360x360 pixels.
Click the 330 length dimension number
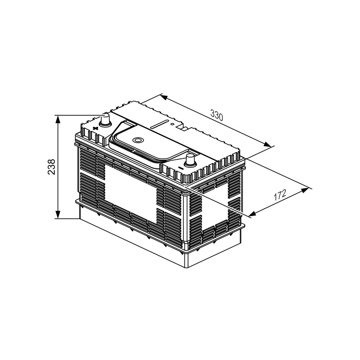[216, 115]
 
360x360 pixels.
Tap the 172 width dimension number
[280, 195]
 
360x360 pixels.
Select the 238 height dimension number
[51, 167]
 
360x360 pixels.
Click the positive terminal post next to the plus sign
[105, 120]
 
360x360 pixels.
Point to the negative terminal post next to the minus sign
[190, 161]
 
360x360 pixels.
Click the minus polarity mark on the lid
[180, 169]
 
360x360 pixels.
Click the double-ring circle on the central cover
[139, 140]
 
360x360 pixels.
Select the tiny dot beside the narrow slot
[172, 124]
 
